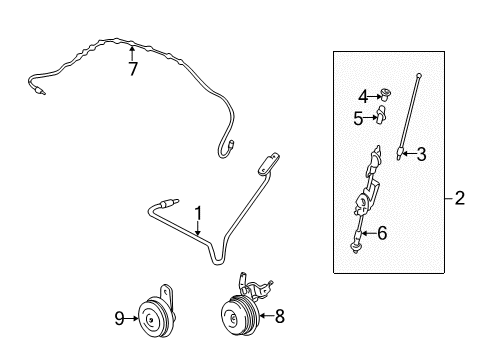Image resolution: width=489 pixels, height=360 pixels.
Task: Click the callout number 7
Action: (x=133, y=69)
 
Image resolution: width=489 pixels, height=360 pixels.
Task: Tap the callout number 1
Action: (x=198, y=213)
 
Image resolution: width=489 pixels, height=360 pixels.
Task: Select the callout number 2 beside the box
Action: (x=459, y=198)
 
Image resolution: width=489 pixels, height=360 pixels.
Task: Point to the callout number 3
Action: (x=363, y=97)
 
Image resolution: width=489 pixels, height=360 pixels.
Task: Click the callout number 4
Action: (x=358, y=118)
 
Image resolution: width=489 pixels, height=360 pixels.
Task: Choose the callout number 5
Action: (x=382, y=233)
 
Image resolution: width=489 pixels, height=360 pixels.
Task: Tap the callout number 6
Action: (x=280, y=316)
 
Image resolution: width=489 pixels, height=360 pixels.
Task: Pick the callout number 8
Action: (x=119, y=318)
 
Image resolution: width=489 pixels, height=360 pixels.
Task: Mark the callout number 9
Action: (x=386, y=94)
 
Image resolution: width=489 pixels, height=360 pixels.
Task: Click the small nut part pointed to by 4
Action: (x=381, y=114)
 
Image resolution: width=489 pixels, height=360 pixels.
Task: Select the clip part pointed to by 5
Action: (x=152, y=319)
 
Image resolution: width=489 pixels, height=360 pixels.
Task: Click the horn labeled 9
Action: (x=239, y=313)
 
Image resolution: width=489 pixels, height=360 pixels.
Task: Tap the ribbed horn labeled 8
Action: (x=131, y=319)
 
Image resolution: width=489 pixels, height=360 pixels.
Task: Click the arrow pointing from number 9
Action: (x=409, y=154)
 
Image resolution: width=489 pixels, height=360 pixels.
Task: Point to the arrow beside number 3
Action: (x=198, y=229)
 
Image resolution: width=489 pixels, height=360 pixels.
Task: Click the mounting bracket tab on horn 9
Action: (x=41, y=91)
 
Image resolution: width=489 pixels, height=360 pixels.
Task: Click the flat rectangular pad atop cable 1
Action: (x=419, y=75)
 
